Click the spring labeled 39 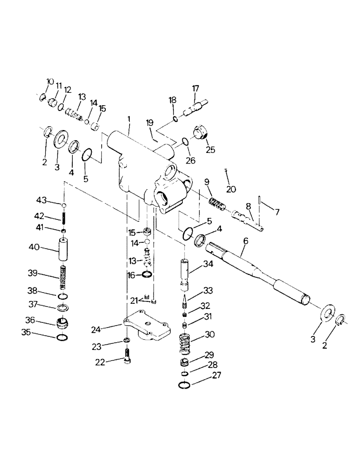(62, 278)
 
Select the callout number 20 (230, 189)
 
